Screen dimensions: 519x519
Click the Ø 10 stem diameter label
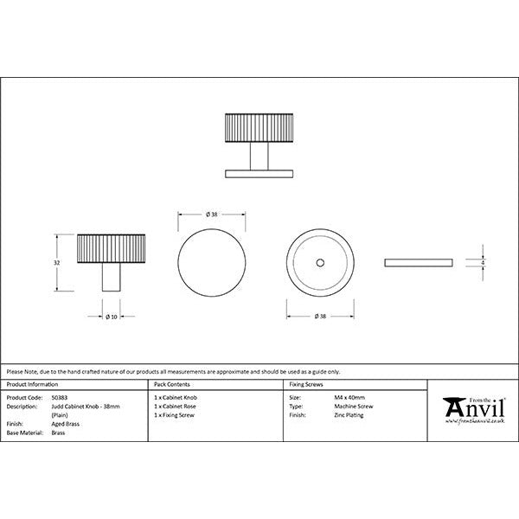111,317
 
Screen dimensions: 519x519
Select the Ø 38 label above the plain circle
212,214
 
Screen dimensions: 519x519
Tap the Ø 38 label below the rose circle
319,317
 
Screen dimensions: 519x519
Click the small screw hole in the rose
319,260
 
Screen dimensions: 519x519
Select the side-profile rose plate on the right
417,260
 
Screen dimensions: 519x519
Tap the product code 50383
60,397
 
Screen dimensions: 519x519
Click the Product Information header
32,382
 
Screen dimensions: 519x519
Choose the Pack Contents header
170,382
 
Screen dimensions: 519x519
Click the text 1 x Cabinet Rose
176,407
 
